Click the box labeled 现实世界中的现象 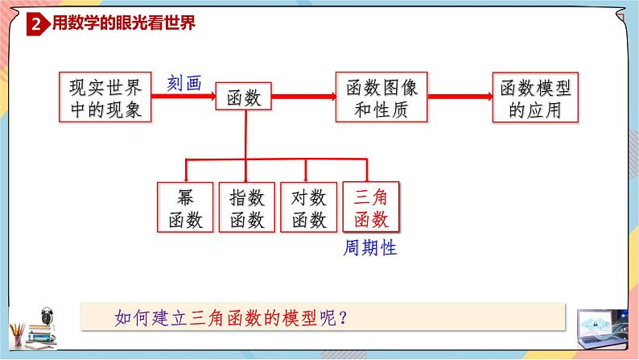tap(105, 97)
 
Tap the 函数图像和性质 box tap(381, 97)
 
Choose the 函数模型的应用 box tap(535, 97)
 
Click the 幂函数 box tap(183, 207)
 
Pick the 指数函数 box tap(246, 207)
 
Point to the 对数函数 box tap(308, 207)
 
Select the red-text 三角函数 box tap(371, 207)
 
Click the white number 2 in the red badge tap(37, 25)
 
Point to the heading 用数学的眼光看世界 tap(123, 24)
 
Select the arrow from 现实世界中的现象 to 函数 tap(183, 97)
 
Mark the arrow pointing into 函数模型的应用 tap(460, 97)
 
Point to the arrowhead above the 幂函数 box tap(188, 175)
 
